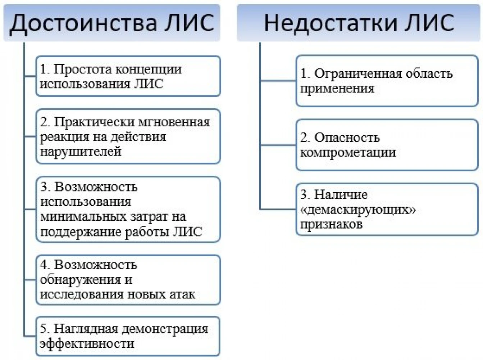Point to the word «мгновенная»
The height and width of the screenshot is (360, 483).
click(x=174, y=122)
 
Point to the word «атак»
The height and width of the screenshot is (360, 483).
click(x=182, y=294)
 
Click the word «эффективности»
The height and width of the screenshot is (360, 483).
click(x=87, y=344)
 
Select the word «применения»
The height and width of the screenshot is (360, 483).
click(x=337, y=89)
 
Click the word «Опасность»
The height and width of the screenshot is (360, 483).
click(x=347, y=138)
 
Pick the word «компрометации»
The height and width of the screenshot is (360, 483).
click(x=348, y=153)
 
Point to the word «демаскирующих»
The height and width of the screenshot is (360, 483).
click(x=358, y=210)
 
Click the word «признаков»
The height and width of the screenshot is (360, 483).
click(x=331, y=225)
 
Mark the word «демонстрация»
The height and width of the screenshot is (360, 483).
click(x=165, y=329)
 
